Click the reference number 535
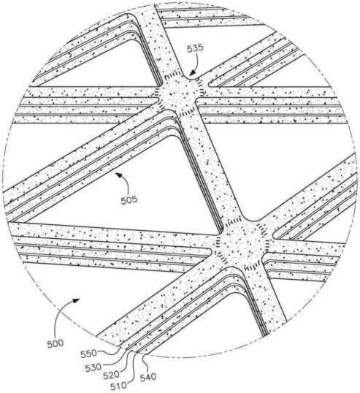[196, 48]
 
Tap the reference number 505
[129, 199]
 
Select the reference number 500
[55, 343]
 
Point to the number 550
[88, 354]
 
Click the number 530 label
[93, 367]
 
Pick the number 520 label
[111, 375]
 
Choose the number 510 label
[119, 386]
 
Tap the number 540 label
[148, 377]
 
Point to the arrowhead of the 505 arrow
[118, 175]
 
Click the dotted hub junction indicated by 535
[180, 95]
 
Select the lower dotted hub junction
[241, 243]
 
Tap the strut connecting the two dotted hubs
[210, 168]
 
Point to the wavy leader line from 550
[110, 352]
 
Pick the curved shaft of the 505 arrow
[127, 183]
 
